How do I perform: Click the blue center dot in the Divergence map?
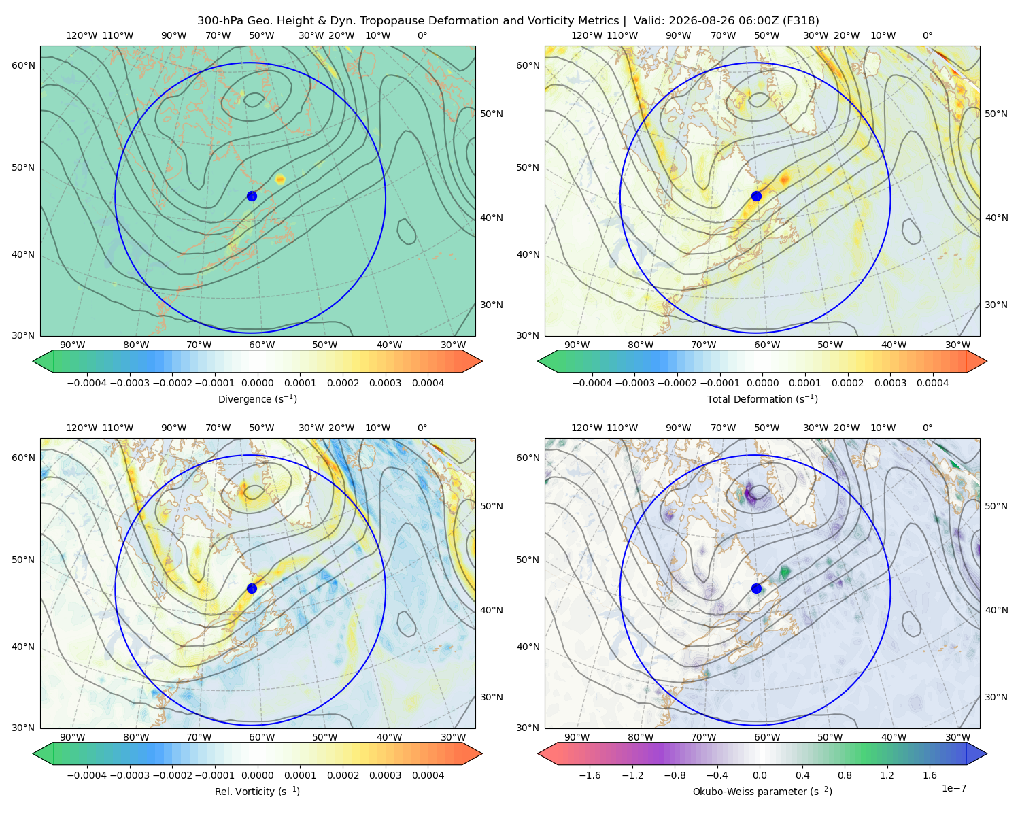coord(252,196)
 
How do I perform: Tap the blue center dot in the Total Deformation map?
coord(756,196)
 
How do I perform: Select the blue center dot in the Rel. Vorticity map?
coord(252,588)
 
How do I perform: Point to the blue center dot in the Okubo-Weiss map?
coord(756,588)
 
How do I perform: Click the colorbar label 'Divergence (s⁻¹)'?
coord(257,398)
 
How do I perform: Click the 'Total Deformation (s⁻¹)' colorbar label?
coord(762,398)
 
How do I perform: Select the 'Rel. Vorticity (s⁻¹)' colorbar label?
coord(257,791)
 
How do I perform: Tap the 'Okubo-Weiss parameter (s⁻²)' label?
coord(762,791)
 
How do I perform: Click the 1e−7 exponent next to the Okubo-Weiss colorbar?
coord(953,788)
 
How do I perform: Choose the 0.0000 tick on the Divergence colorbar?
coord(257,383)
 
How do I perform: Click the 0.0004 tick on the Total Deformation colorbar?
coord(932,383)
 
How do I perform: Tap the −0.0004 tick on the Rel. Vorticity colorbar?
coord(87,775)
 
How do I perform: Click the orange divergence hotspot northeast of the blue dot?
coord(280,180)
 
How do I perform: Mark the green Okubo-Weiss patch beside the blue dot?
coord(785,573)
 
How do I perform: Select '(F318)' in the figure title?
coord(802,21)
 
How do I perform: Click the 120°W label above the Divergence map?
coord(82,35)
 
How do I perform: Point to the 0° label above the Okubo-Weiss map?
coord(927,428)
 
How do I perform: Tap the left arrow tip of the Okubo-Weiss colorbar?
coord(539,753)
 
